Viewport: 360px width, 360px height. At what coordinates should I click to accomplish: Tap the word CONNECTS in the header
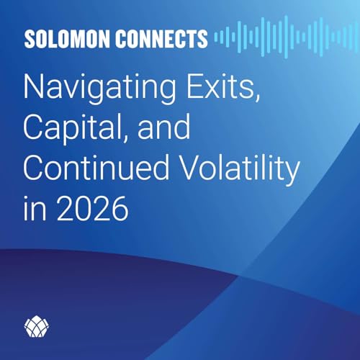click(x=158, y=38)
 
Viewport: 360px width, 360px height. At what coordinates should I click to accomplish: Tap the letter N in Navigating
click(x=33, y=88)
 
